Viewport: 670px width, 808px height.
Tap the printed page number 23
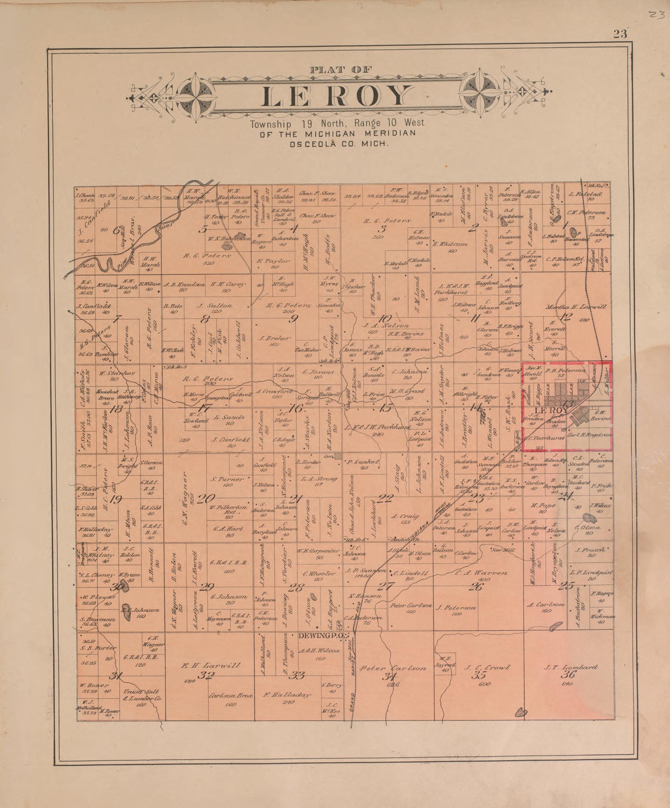(x=620, y=34)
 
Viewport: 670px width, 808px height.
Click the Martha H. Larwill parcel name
(x=575, y=307)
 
